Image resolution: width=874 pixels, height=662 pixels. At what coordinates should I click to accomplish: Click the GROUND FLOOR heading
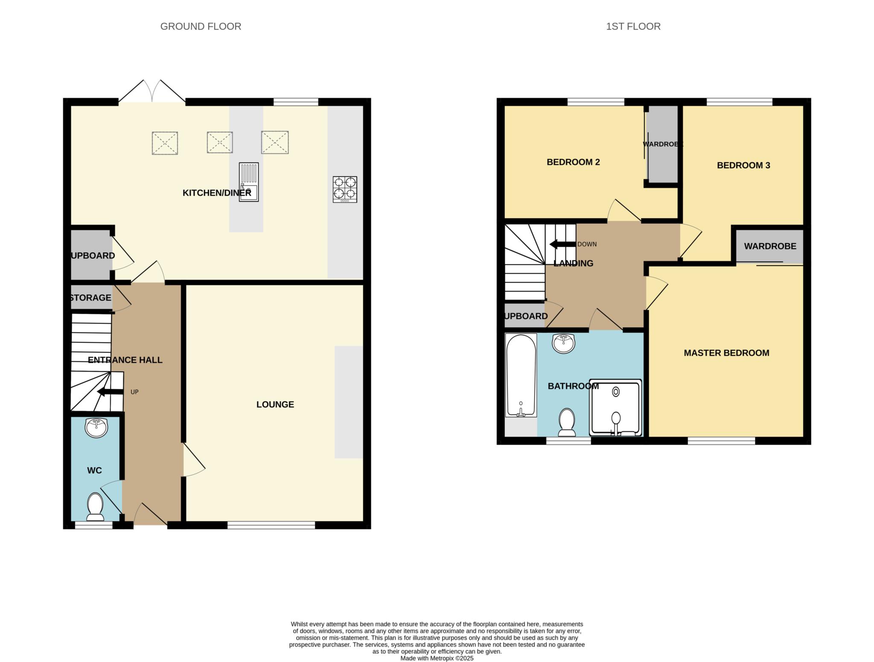[201, 26]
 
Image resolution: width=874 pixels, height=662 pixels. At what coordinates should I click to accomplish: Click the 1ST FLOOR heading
[633, 26]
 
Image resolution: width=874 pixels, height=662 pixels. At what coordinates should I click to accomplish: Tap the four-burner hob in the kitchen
[345, 189]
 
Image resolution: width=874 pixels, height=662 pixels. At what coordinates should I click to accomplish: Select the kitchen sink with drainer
[249, 182]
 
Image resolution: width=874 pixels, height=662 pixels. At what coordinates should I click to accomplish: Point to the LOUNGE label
[275, 404]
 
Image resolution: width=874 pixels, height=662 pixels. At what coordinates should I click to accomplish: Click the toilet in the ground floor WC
[95, 507]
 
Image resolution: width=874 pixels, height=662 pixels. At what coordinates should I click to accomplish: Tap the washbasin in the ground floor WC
[96, 428]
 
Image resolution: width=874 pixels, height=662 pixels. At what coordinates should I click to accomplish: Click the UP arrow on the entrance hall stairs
[111, 392]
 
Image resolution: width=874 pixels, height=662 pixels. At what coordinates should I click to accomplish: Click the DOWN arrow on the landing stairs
[562, 244]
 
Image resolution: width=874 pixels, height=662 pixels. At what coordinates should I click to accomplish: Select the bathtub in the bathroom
[521, 375]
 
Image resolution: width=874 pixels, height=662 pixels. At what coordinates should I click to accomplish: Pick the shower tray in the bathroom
[615, 407]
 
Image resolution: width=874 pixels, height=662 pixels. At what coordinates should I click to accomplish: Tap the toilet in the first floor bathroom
[567, 422]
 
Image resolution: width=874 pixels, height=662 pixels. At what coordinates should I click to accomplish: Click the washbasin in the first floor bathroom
[563, 343]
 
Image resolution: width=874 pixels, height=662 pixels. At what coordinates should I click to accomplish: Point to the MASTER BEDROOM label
[726, 353]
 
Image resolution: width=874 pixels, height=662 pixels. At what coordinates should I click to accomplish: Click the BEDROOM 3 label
[743, 165]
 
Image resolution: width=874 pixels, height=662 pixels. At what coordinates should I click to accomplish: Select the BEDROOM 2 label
[573, 162]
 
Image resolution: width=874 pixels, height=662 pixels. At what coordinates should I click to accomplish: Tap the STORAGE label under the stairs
[90, 298]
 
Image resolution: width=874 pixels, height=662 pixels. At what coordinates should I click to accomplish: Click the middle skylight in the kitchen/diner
[220, 142]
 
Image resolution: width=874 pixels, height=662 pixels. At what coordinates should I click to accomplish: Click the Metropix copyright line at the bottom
[437, 658]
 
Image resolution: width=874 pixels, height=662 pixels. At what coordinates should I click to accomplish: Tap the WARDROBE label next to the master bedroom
[770, 246]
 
